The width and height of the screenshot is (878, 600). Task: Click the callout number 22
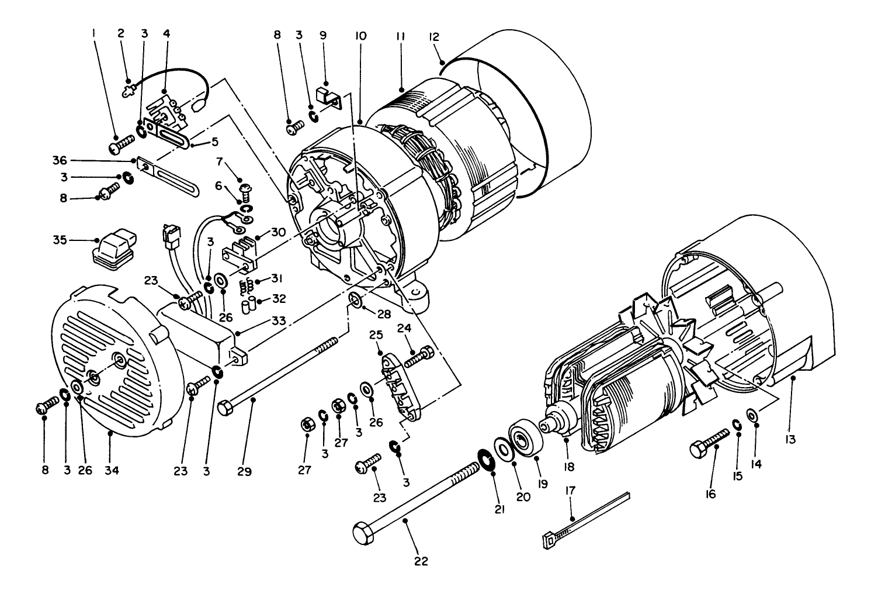[421, 561]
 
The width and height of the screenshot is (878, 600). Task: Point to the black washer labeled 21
[485, 457]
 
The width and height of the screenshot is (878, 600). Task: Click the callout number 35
[60, 240]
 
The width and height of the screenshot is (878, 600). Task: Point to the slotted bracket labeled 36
[169, 177]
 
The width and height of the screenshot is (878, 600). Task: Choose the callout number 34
[112, 470]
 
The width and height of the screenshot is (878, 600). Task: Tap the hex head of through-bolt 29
[226, 406]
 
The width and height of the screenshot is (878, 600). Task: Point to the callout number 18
[568, 467]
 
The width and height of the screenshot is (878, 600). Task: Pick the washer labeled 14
[753, 415]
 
